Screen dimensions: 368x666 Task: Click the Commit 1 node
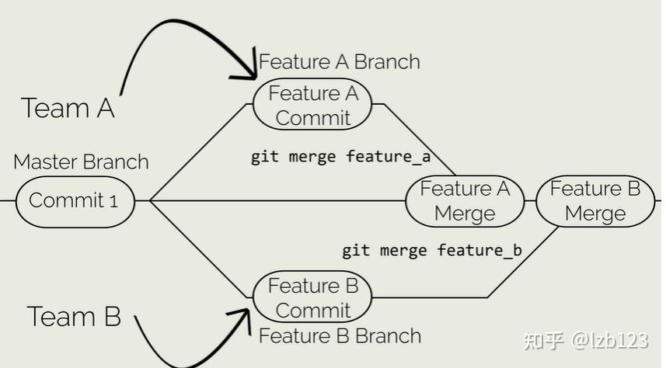tap(75, 201)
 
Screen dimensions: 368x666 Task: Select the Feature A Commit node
tap(312, 105)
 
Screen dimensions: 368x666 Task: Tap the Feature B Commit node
tap(312, 297)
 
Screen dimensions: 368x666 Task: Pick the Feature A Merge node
tap(465, 201)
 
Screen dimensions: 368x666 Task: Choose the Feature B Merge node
tap(595, 201)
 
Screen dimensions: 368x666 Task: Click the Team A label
tap(68, 108)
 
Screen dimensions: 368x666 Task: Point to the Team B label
tap(74, 317)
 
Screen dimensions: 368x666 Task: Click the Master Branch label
tap(81, 162)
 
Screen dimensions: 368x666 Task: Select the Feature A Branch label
tap(339, 62)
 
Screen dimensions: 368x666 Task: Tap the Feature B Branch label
tap(340, 336)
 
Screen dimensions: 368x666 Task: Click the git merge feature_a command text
tap(340, 157)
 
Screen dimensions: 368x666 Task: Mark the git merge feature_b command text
tap(431, 251)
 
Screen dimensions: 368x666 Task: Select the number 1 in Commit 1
tap(113, 202)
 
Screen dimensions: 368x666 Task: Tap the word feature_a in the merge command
tap(389, 157)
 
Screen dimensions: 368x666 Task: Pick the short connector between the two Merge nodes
tap(530, 201)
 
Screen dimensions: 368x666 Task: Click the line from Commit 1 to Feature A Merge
tap(272, 201)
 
